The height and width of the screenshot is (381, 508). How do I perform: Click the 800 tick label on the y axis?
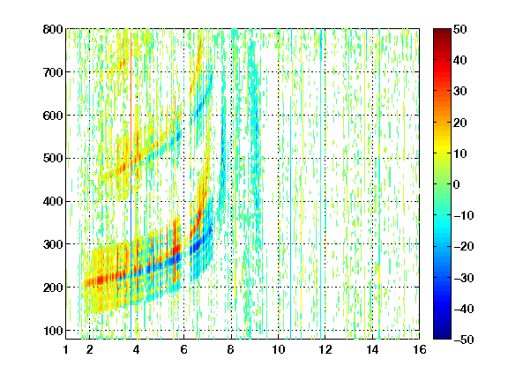point(53,29)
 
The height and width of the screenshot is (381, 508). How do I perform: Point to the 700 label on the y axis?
point(53,72)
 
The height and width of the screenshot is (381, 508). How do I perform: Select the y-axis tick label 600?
point(53,116)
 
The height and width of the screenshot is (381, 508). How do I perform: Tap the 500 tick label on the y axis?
point(53,159)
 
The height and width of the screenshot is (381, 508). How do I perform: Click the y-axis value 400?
point(53,201)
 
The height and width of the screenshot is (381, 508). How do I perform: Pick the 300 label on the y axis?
point(53,244)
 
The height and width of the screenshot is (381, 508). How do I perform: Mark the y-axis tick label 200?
point(53,288)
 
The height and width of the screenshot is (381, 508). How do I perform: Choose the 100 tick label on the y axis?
point(53,331)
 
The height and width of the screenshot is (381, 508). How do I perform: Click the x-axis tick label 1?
point(66,349)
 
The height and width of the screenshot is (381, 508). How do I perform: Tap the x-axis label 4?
point(137,349)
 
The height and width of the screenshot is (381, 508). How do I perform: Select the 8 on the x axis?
point(231,349)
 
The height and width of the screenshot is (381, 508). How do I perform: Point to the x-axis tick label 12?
point(325,349)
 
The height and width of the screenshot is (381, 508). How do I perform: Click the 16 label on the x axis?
point(420,349)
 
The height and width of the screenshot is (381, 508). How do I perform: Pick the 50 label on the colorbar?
point(460,29)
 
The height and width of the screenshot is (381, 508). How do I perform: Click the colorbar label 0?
point(457,184)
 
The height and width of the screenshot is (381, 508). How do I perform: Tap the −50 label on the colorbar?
point(464,340)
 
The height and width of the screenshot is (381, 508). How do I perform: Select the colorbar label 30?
point(460,92)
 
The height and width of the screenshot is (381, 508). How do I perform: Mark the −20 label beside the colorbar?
point(464,247)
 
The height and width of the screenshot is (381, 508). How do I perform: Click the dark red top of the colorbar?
point(442,33)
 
